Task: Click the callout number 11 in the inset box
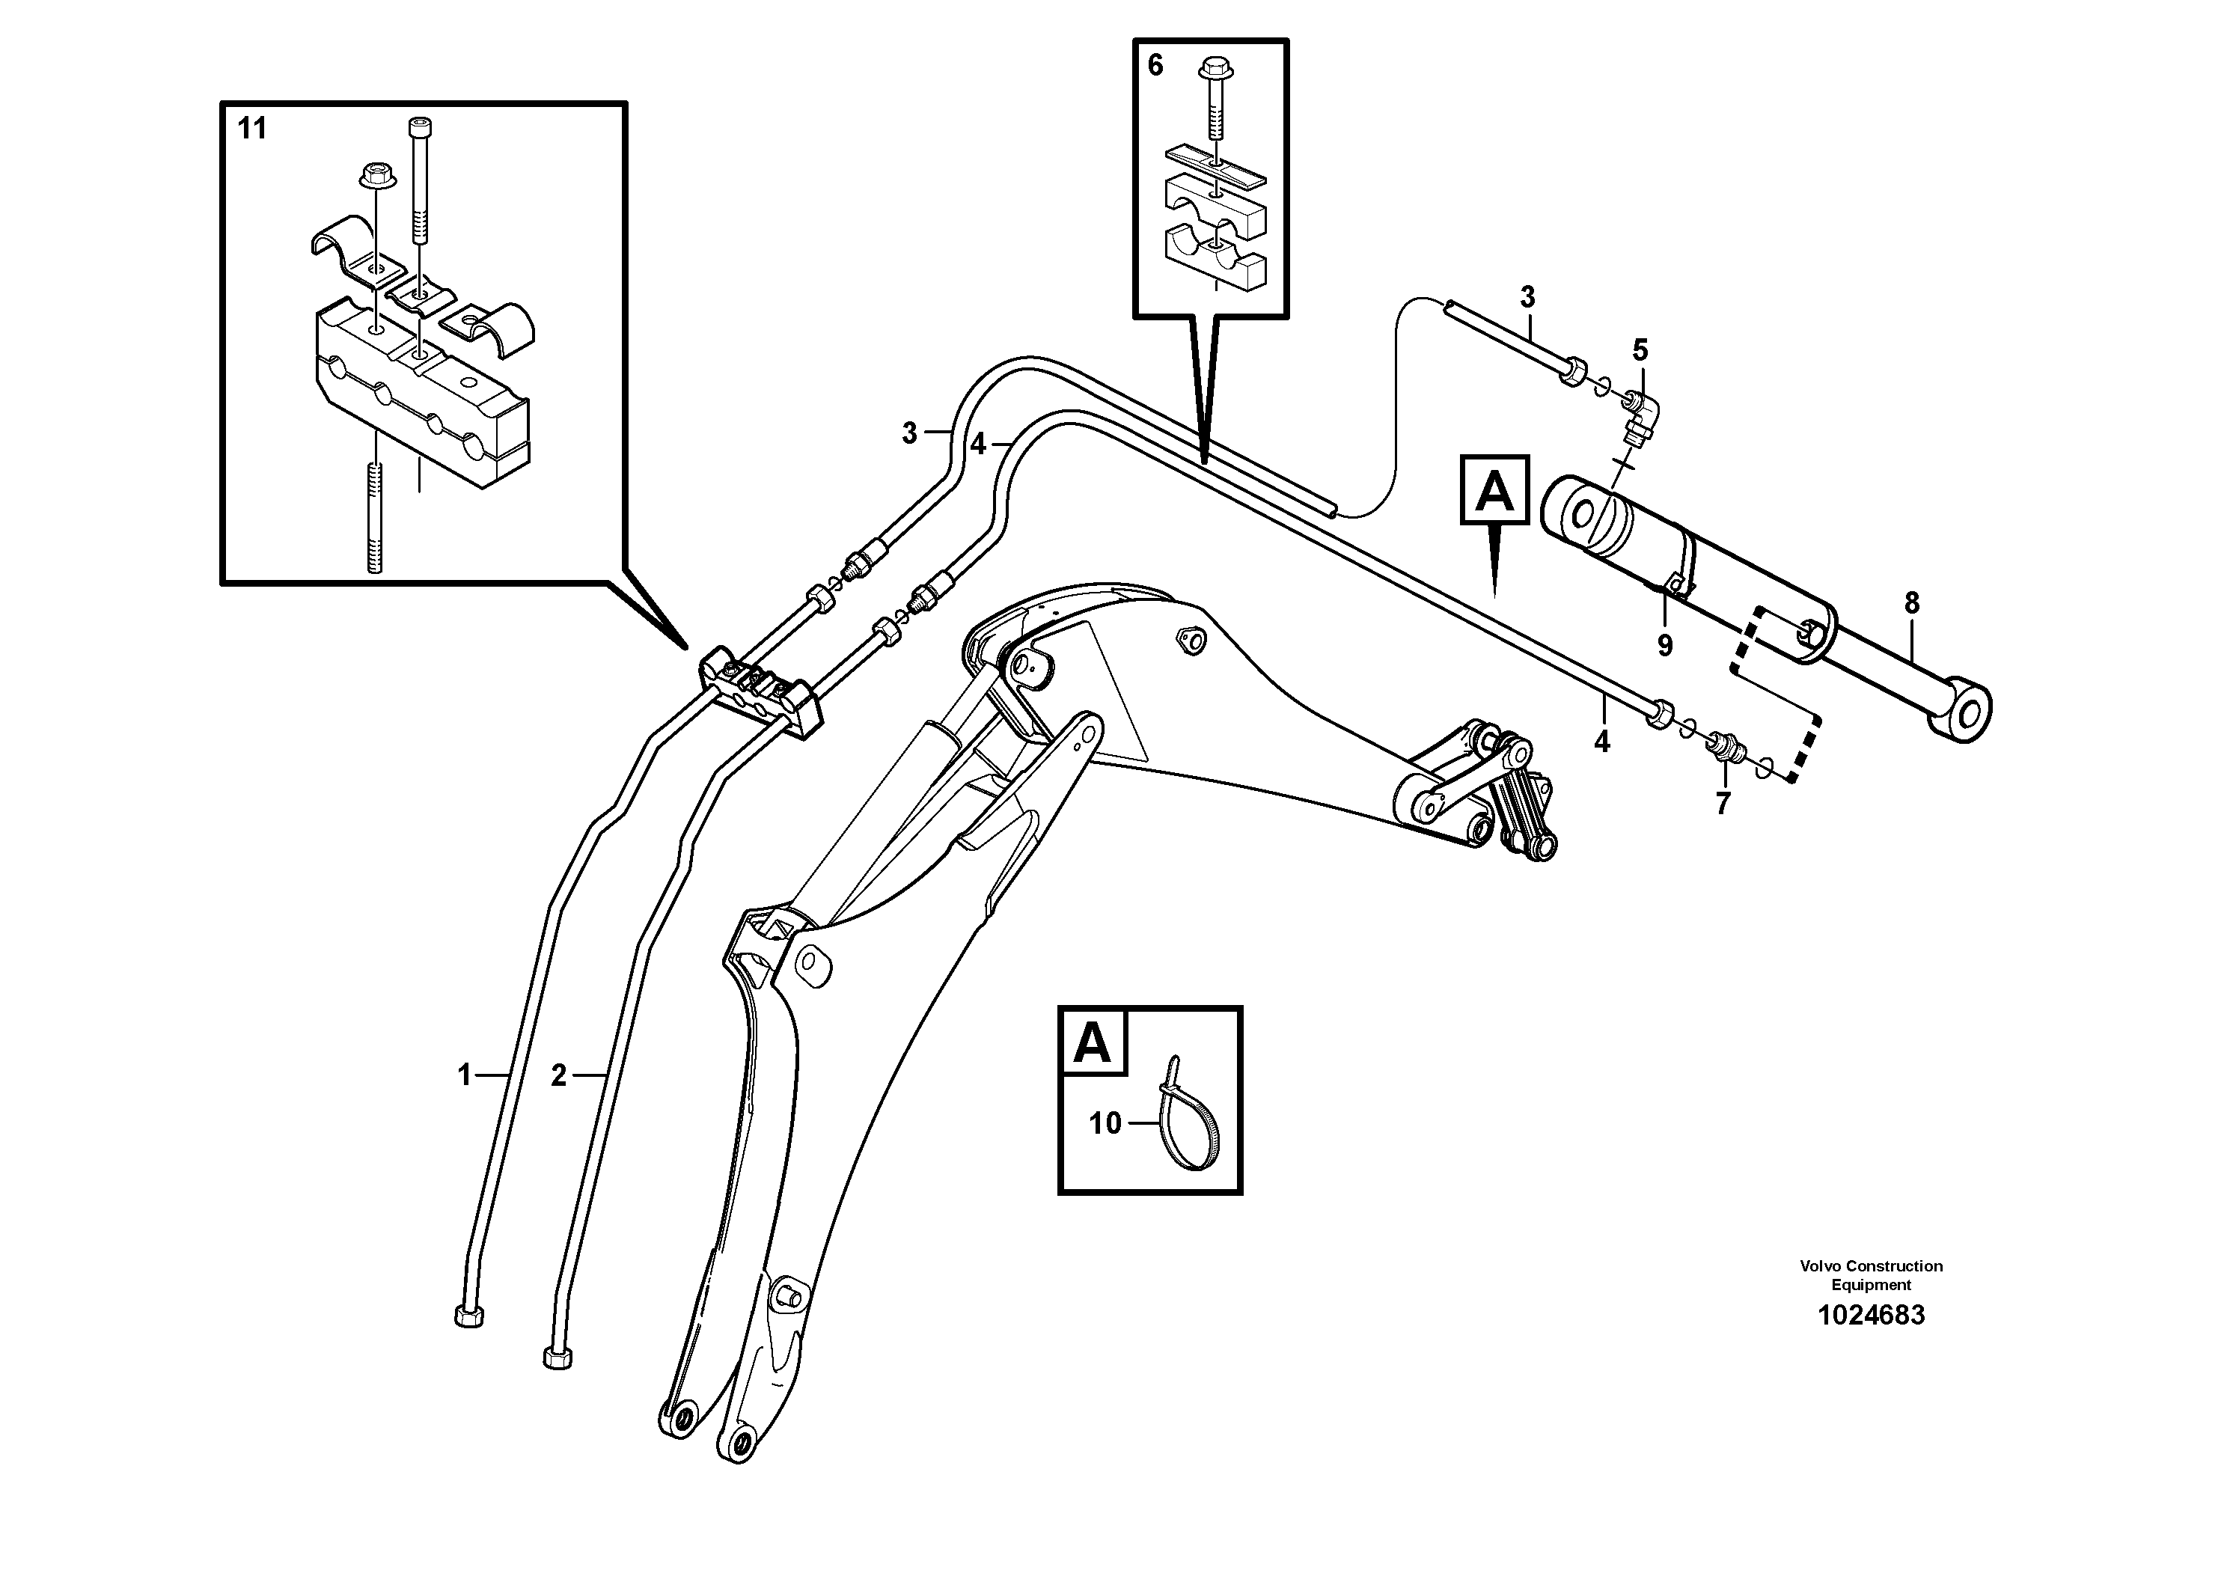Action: coord(251,128)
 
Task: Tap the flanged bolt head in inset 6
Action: coord(1215,68)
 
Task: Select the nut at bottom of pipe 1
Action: coord(468,1316)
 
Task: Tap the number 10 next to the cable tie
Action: coord(1105,1123)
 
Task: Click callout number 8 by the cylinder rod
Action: coord(1910,603)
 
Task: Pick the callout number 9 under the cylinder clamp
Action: coord(1664,646)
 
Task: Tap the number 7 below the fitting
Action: coord(1723,803)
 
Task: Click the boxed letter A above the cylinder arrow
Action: coord(1494,492)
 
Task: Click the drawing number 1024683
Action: coord(1870,1316)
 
